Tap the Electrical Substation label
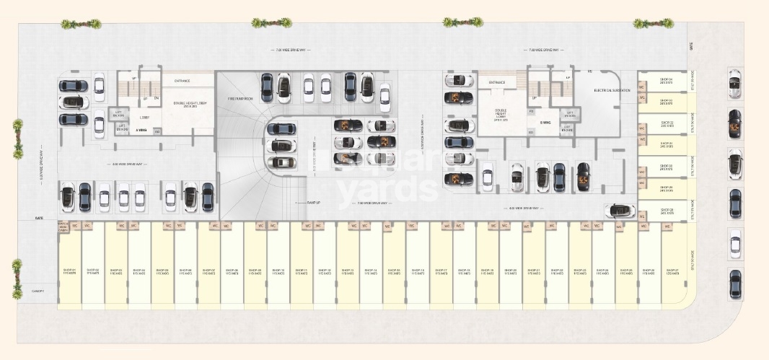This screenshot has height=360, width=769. (x=612, y=90)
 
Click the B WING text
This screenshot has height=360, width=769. (x=545, y=122)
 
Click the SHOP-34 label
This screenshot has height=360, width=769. (x=666, y=81)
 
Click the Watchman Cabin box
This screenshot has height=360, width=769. (x=63, y=227)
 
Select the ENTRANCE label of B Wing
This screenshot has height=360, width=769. (x=496, y=83)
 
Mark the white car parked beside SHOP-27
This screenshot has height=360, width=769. (x=735, y=244)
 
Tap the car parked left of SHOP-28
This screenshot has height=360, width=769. (x=621, y=211)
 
